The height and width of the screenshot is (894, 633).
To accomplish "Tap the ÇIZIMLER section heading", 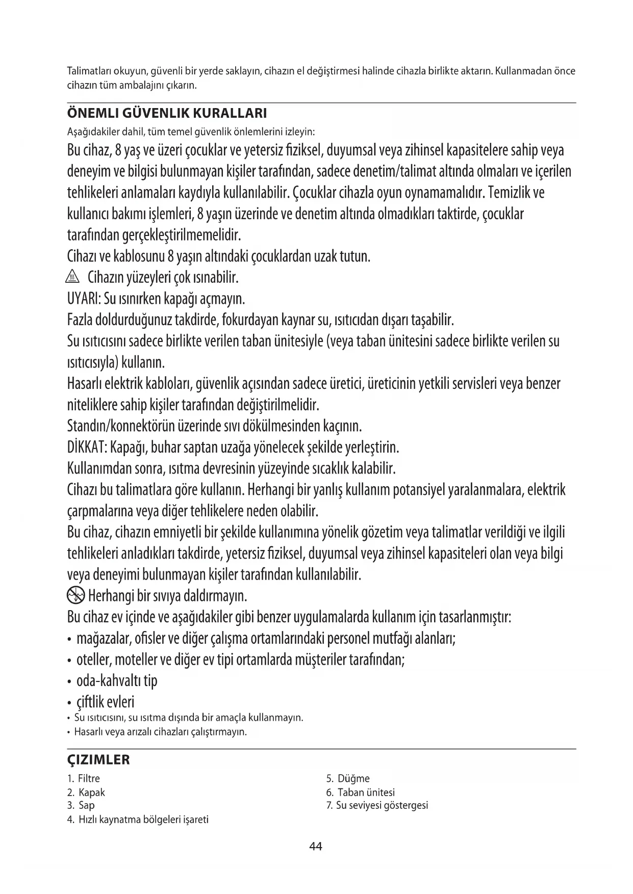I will click(98, 760).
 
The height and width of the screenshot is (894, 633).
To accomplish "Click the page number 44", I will click(316, 847).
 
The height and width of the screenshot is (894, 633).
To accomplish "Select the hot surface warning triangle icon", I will click(74, 278).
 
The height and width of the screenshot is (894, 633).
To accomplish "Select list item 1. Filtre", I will click(84, 779).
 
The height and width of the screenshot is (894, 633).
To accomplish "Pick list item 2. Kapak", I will click(86, 793).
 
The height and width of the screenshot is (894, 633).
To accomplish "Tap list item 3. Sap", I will click(81, 806).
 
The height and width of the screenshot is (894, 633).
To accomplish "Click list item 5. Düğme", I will click(348, 779).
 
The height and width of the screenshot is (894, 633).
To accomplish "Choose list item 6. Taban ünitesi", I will click(360, 793).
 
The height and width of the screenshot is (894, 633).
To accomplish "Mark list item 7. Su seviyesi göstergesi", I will click(377, 806).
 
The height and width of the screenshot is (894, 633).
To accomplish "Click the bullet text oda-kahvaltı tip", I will click(117, 681).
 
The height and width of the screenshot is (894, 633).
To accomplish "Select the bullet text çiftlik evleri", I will click(106, 702).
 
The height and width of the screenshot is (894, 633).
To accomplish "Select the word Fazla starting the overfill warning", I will click(80, 321).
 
